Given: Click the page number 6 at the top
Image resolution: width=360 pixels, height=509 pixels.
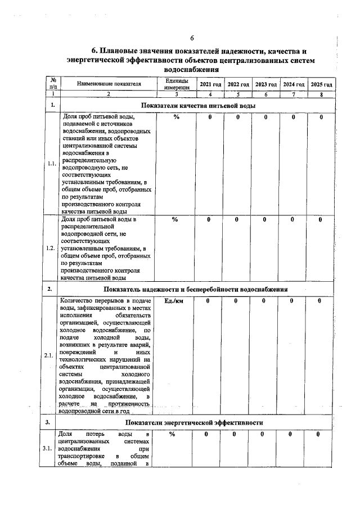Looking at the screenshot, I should [192, 38].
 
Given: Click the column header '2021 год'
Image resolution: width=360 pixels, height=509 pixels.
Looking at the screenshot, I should [209, 84].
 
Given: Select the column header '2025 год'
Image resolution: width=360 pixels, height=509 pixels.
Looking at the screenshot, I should [321, 84].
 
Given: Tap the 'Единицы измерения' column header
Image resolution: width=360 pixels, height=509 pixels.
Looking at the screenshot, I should [176, 84].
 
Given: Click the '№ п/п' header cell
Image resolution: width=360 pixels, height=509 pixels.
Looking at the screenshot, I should [53, 84].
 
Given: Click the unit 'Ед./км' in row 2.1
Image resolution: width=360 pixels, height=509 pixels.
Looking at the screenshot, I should [176, 301].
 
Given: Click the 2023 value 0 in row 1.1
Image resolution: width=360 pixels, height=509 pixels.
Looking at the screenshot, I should [265, 117].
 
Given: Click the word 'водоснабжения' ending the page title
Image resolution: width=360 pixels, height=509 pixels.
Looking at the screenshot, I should [190, 69].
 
